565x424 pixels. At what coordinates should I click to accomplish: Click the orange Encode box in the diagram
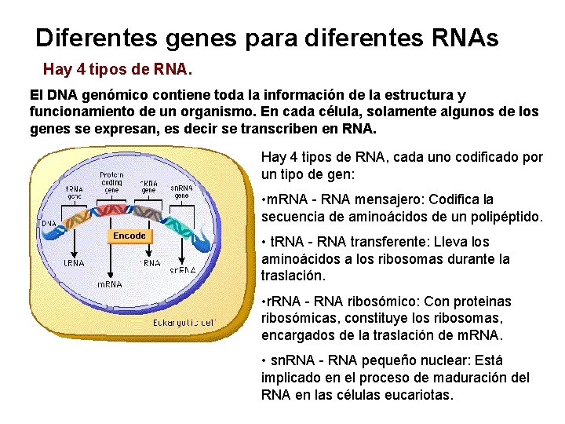click(x=129, y=236)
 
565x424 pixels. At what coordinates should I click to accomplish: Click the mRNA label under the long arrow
click(x=110, y=284)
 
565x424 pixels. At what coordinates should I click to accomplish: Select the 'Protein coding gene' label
click(x=111, y=182)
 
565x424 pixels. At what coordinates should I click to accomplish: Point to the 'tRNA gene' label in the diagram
click(x=75, y=192)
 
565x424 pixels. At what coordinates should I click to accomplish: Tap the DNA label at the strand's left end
click(x=48, y=222)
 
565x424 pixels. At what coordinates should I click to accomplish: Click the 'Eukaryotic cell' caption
click(x=184, y=322)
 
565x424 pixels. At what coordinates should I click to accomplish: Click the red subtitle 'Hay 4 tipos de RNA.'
click(x=117, y=69)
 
